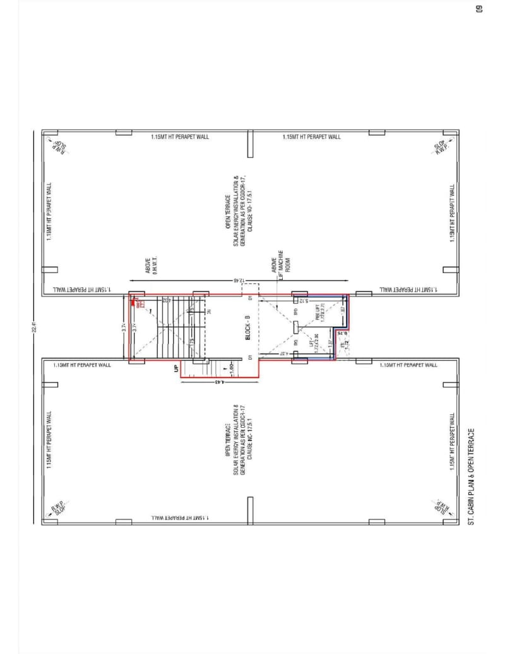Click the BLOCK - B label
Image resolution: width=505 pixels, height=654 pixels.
(x=247, y=327)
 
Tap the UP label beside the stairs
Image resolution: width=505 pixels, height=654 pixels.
(x=176, y=368)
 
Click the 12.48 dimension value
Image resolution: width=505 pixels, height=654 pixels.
(x=239, y=280)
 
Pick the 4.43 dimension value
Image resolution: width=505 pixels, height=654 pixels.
(x=216, y=382)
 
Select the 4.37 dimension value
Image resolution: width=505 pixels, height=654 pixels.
(x=284, y=354)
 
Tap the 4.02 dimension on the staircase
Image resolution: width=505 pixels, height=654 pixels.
(x=150, y=302)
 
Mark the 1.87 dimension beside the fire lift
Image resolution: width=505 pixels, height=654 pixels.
(x=342, y=311)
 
